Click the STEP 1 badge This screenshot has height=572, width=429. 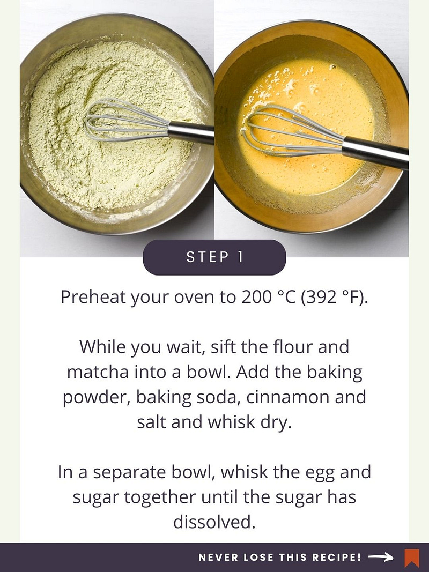pos(214,257)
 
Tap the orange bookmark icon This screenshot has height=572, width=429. pos(411,558)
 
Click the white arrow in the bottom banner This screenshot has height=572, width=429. pos(381,557)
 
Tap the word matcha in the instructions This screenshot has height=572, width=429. pos(98,372)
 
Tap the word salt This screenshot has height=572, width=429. pos(151,422)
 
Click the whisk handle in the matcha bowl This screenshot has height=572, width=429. pos(191,132)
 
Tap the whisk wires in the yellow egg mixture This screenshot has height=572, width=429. pos(292,131)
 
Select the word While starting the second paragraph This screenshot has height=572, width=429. pos(102,346)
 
